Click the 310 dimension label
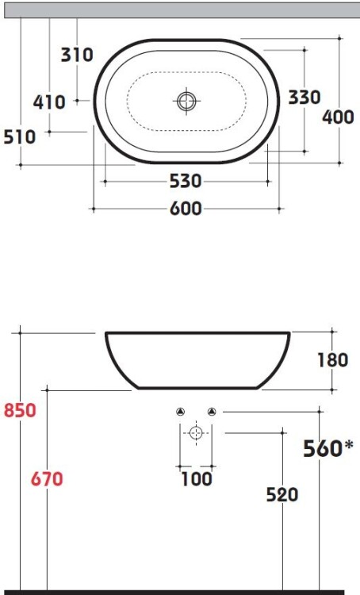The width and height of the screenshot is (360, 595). click(77, 55)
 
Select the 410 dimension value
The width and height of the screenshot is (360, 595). click(49, 102)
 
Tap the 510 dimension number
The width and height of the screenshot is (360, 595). click(20, 136)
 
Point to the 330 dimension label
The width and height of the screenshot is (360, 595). click(304, 97)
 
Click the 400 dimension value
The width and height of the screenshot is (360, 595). click(338, 117)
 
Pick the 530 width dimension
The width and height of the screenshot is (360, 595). click(186, 181)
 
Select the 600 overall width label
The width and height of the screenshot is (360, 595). click(186, 209)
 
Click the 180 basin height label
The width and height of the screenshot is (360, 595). click(333, 360)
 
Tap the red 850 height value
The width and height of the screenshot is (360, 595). click(20, 411)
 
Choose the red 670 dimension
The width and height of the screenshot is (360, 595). click(47, 479)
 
